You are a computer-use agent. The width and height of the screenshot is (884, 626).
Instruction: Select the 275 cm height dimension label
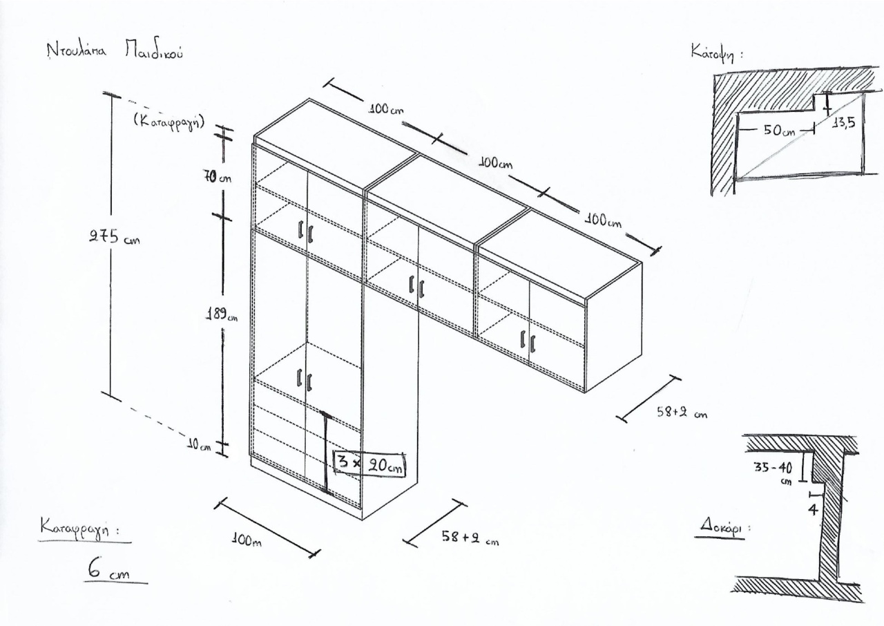point(114,238)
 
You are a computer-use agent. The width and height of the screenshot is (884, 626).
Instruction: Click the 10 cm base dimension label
point(198,446)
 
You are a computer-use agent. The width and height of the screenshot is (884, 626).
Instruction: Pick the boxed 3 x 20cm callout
point(369,464)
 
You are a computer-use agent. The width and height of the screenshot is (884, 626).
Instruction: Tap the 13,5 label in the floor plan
point(843,123)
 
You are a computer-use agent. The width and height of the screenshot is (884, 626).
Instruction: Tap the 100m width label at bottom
point(247,540)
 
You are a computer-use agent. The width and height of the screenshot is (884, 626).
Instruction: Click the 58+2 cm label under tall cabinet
point(470,537)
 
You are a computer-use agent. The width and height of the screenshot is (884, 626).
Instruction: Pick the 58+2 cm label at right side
point(682,412)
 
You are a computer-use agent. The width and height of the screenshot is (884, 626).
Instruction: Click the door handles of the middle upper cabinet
point(416,286)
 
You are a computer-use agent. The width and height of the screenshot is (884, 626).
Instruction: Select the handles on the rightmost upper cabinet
point(527,340)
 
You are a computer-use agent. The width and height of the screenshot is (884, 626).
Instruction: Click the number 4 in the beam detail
point(814,509)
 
